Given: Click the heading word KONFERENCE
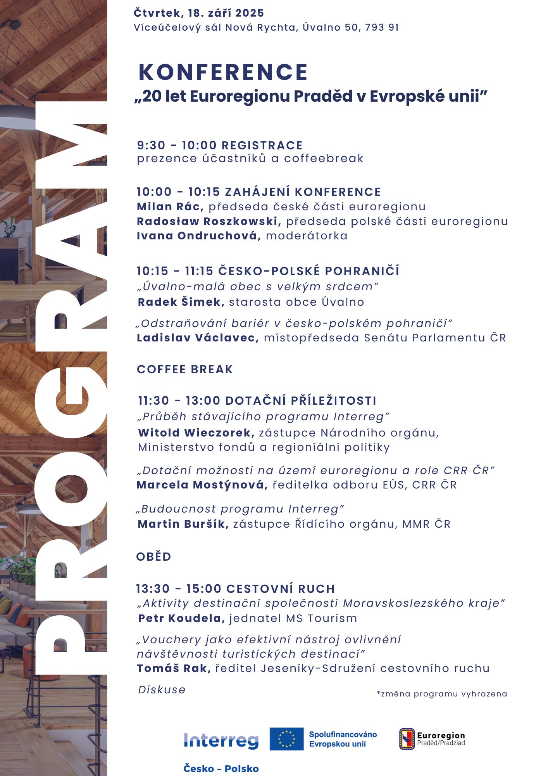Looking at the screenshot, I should coord(223,72).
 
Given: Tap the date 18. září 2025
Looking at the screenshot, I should coord(226,13).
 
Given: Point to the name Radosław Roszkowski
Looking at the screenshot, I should coord(209,221).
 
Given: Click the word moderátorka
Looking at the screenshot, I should coord(307,236).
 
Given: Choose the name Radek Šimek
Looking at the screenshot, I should coord(181,302).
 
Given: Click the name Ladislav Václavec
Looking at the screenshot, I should coord(197,338).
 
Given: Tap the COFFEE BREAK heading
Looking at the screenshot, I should coord(185,369).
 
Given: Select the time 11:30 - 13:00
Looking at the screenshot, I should coord(179,400).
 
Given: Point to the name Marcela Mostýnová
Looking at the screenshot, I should coord(202,485).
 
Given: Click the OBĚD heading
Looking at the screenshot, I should coord(153,556).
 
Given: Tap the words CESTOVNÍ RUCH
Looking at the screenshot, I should coord(280,589).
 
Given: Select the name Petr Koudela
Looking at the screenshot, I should coord(181,618).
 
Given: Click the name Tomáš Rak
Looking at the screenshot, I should coord(173,668).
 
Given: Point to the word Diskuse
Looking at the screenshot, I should coord(162,689).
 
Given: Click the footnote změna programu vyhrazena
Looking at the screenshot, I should coord(442,694).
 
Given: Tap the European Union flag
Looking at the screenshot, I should coord(286,739).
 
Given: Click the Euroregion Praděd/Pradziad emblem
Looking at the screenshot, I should coord(407,739).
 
